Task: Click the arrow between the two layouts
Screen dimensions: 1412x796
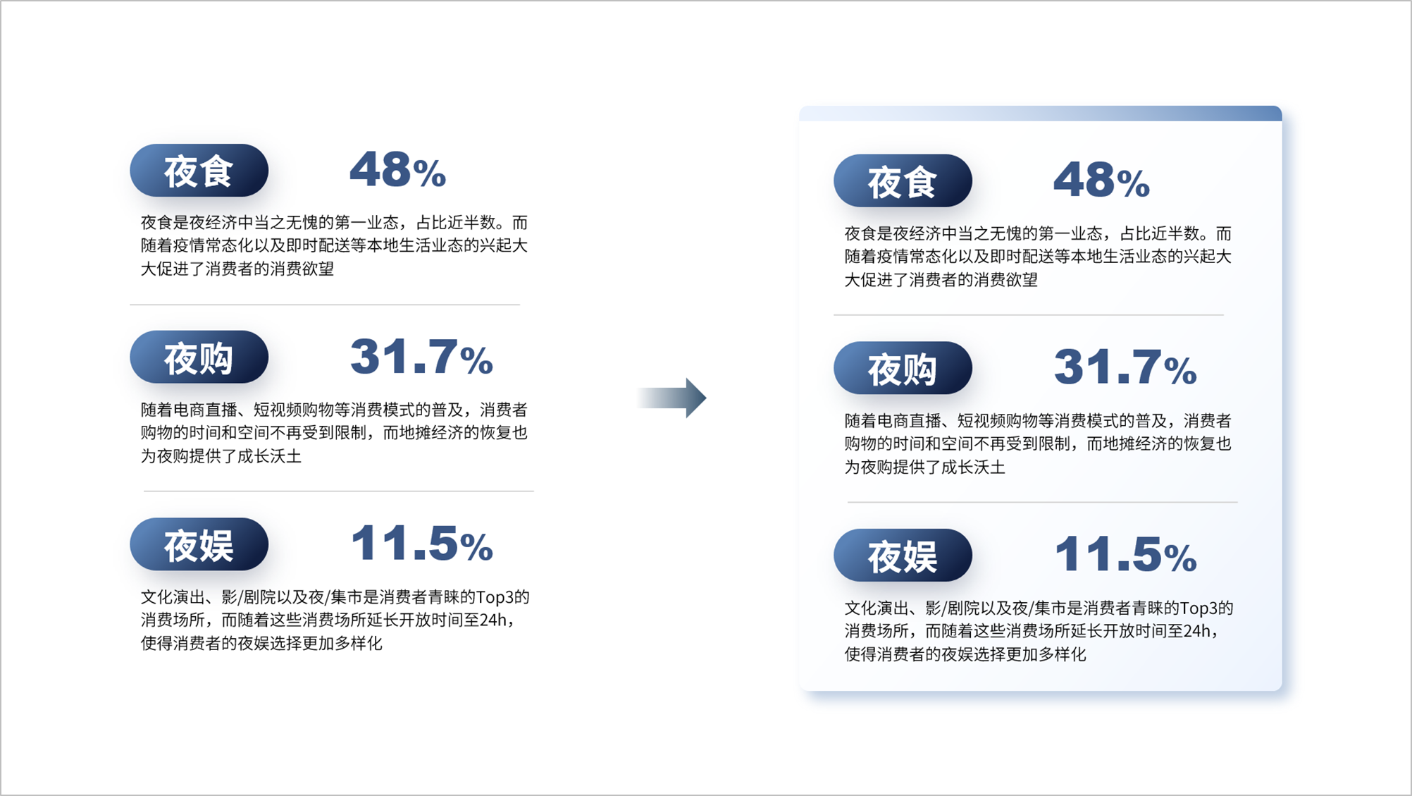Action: point(671,398)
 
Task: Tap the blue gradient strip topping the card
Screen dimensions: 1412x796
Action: point(1040,114)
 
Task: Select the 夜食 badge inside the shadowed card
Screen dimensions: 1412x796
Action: point(903,181)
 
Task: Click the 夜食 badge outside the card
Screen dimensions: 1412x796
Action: point(199,171)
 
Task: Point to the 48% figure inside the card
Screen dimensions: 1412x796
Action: point(1101,180)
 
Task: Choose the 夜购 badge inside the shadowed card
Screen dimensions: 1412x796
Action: point(903,368)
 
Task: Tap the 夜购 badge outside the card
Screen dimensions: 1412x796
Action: point(199,357)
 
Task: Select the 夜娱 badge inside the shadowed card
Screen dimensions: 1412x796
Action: point(903,556)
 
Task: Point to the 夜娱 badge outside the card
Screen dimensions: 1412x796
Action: point(199,544)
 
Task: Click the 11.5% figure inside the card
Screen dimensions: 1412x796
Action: point(1125,554)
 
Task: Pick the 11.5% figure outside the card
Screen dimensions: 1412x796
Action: point(421,544)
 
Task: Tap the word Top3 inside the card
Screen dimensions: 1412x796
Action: point(1199,608)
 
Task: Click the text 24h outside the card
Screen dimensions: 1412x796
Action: point(493,620)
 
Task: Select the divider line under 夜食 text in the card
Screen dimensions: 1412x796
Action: point(1029,315)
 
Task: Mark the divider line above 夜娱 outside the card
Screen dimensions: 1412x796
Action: point(339,491)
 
